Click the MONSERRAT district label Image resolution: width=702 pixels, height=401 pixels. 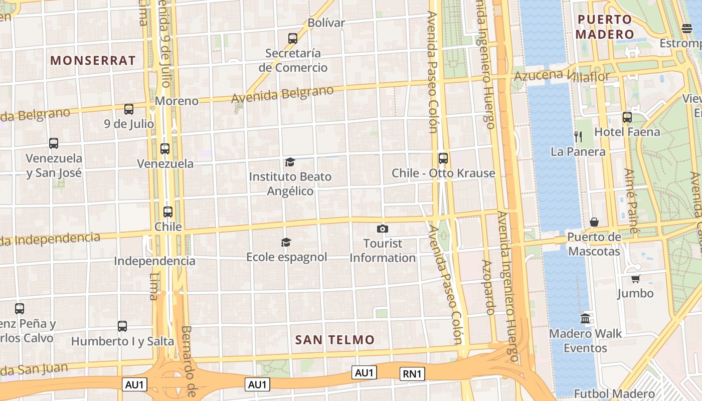93,61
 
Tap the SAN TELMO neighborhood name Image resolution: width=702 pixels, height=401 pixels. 334,340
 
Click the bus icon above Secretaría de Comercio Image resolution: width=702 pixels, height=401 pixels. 293,38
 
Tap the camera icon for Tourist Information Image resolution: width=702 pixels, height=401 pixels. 383,229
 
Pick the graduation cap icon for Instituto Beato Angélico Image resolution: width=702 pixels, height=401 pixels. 290,162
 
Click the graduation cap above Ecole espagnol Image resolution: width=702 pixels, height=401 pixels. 286,243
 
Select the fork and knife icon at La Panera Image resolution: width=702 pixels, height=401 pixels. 578,136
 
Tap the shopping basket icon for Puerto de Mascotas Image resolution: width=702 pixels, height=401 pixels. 594,222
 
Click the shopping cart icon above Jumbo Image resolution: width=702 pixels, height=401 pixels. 635,279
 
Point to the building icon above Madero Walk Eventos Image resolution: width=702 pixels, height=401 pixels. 585,318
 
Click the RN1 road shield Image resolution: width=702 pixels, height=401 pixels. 412,373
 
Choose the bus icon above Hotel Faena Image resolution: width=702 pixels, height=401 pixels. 627,117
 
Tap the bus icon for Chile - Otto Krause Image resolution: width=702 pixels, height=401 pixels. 443,158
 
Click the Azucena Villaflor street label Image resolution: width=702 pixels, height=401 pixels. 562,76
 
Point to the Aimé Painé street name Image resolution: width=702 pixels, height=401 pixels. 630,200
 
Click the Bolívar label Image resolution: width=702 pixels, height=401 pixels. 326,23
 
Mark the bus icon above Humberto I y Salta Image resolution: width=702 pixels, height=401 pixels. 122,326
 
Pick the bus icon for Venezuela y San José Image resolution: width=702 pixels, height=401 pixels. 54,143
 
